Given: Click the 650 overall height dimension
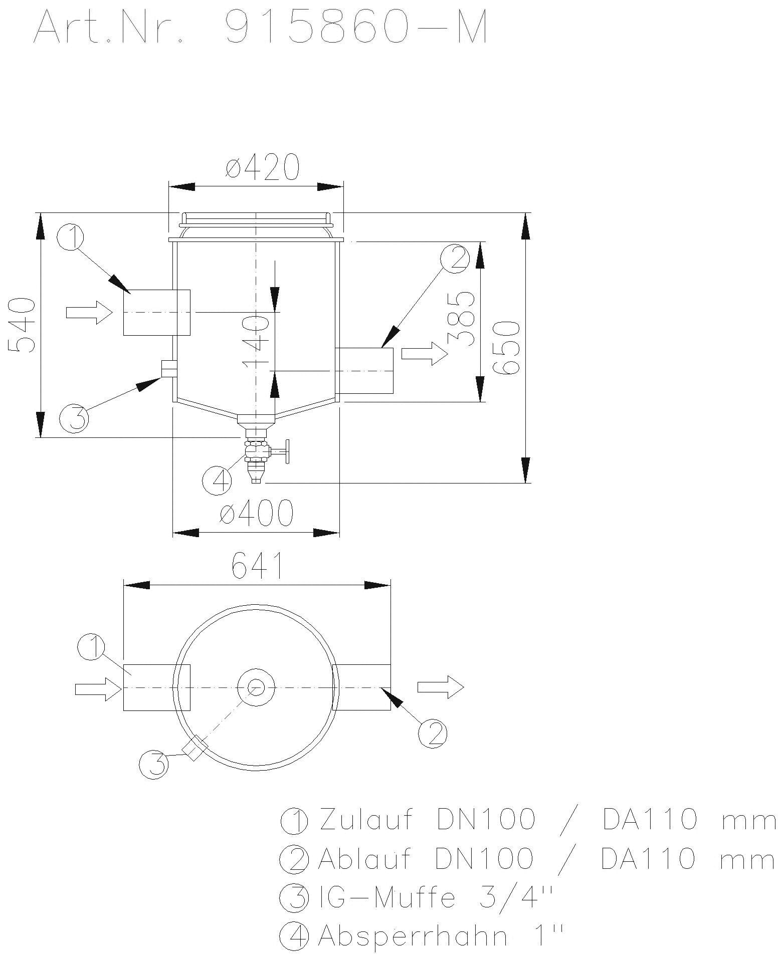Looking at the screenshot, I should [x=507, y=348].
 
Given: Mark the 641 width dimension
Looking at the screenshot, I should [x=257, y=567].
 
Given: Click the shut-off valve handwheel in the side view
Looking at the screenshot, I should [x=287, y=451].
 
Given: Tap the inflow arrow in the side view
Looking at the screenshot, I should [x=88, y=313].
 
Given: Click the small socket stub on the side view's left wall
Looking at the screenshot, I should [x=168, y=369].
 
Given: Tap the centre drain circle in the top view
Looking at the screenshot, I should [x=256, y=687].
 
